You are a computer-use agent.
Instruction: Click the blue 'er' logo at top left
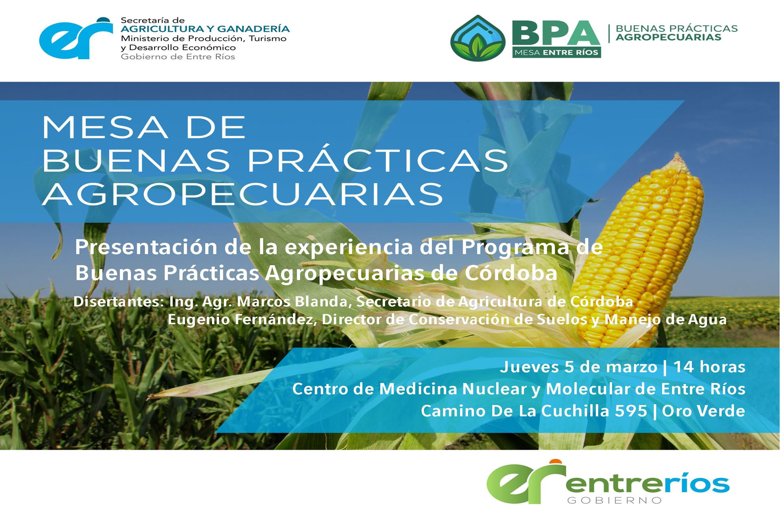76,38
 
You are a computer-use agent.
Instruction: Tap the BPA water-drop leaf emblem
478,38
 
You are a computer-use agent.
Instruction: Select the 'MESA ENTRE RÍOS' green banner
556,52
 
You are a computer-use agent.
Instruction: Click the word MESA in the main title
105,128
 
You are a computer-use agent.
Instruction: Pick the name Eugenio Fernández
242,319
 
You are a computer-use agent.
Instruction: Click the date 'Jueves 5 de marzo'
578,367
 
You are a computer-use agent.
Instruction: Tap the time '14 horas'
709,367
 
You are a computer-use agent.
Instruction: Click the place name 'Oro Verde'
704,411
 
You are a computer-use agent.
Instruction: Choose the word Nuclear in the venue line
494,389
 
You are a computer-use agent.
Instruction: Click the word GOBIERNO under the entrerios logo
615,500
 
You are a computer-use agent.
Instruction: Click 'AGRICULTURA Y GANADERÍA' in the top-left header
205,29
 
